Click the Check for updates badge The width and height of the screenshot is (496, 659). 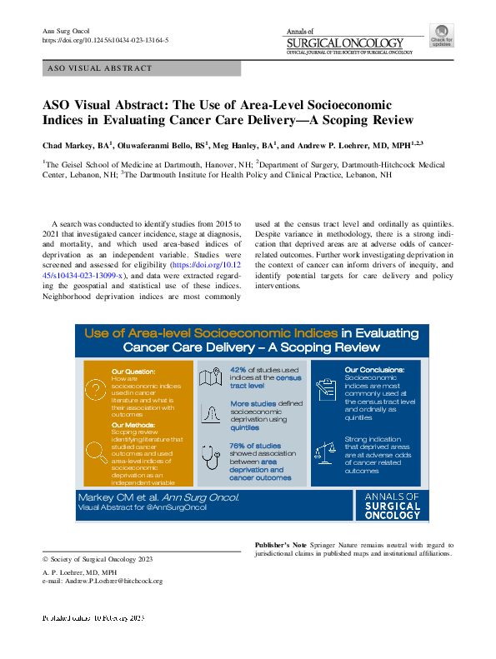[441, 36]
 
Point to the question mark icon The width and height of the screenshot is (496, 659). [95, 385]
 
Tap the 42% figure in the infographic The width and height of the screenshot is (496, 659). [238, 369]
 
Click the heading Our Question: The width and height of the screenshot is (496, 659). [133, 370]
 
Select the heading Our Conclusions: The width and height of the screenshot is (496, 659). [374, 369]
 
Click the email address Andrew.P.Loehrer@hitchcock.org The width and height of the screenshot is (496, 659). [102, 581]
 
